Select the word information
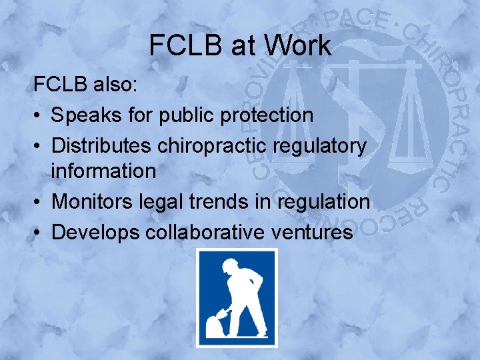[103, 171]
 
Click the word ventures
[317, 231]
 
